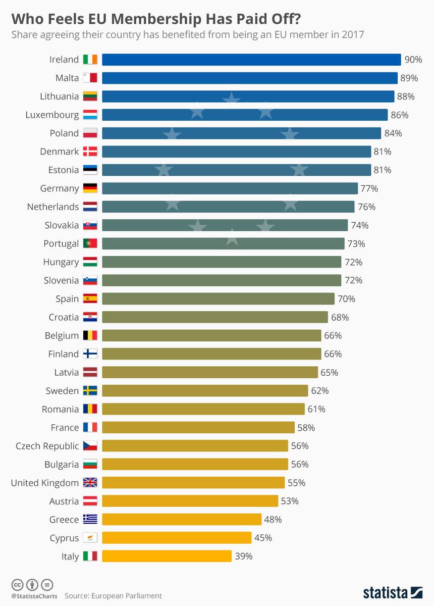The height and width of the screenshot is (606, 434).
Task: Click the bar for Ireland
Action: [x=251, y=60]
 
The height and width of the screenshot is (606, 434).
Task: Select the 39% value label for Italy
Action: [x=243, y=557]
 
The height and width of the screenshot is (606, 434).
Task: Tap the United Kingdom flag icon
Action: [x=90, y=483]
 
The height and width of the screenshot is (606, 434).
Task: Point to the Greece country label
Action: [x=64, y=520]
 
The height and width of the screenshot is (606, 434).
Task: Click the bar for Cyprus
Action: [x=177, y=538]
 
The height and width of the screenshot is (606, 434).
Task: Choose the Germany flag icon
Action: [x=90, y=188]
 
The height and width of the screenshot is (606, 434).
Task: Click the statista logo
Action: [x=392, y=592]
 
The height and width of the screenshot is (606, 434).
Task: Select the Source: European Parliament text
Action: [x=113, y=596]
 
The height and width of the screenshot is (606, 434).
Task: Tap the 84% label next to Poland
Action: [x=393, y=133]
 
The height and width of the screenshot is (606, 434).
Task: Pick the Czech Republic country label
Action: [x=47, y=446]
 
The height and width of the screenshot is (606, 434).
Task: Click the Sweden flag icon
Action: [x=90, y=391]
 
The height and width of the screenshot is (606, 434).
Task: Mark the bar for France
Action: [x=198, y=428]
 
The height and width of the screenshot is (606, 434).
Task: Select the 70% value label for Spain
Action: [x=347, y=299]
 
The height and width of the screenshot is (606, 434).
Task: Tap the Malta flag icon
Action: [x=90, y=78]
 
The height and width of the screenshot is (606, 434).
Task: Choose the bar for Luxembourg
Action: [x=245, y=115]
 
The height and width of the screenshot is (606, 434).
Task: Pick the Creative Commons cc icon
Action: [x=18, y=584]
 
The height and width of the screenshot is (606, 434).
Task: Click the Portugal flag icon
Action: [x=90, y=243]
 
